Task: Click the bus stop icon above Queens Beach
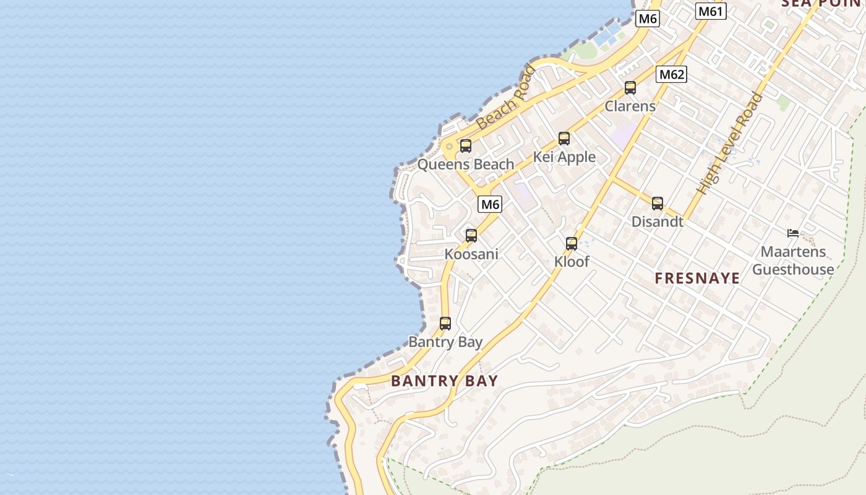[466, 146]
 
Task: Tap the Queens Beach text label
[466, 165]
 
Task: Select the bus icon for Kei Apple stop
[564, 139]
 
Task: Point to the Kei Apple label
[564, 157]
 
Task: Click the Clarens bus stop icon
[630, 88]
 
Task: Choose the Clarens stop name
[630, 106]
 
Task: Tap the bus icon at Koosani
[471, 236]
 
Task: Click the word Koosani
[471, 254]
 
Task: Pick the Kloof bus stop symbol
[572, 244]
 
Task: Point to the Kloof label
[572, 262]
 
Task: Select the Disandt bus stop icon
[658, 204]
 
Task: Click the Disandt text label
[658, 222]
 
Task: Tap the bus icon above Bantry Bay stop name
[445, 324]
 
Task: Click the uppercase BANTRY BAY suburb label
[444, 381]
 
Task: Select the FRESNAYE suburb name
[697, 278]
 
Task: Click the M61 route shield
[711, 11]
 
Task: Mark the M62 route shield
[672, 75]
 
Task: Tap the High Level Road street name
[729, 144]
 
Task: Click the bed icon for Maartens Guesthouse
[793, 233]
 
